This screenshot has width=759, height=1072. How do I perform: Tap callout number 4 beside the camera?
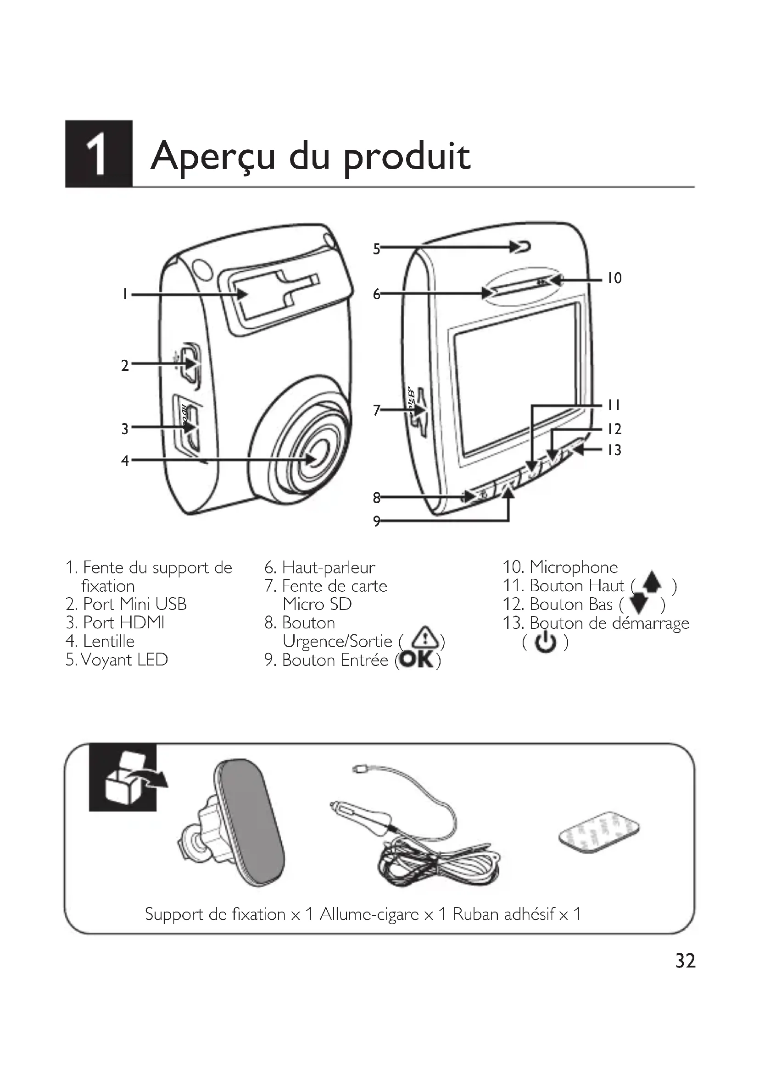coord(125,461)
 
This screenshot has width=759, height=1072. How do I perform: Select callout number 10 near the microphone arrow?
coord(614,279)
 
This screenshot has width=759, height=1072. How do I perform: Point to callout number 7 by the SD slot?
coord(377,410)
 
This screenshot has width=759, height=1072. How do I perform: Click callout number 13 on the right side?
coord(614,450)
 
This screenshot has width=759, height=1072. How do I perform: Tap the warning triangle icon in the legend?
coord(424,637)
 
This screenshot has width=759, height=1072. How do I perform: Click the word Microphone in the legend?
coord(574,567)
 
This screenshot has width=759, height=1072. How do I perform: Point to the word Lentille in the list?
coord(108,641)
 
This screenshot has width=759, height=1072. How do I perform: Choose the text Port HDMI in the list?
coord(123,622)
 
